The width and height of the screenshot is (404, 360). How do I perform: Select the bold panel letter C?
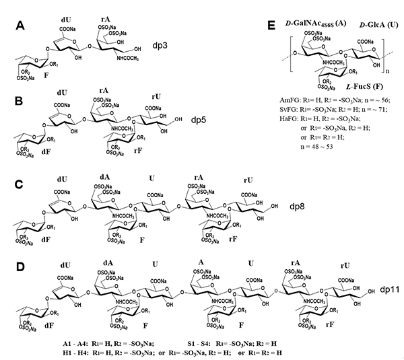point(22,184)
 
